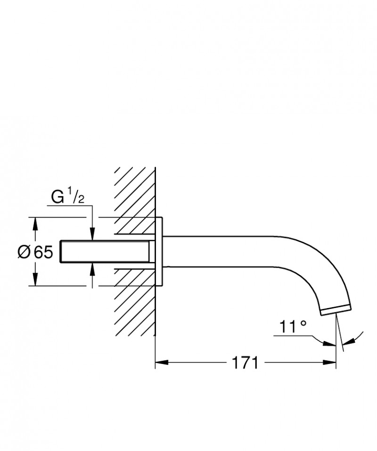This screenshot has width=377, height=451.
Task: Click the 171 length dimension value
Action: [x=245, y=363]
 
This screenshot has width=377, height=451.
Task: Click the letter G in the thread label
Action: [x=57, y=197]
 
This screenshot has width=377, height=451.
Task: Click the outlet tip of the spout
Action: [x=335, y=309]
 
